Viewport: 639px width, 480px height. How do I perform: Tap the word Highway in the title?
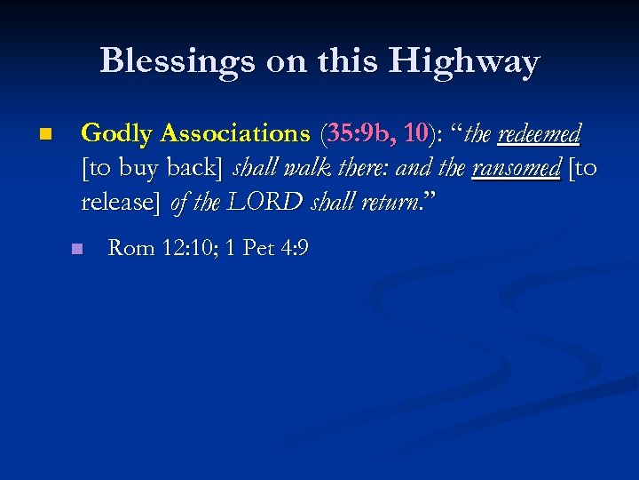point(463,61)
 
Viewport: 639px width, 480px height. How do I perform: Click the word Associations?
point(234,134)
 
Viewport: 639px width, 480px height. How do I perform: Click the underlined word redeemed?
point(540,134)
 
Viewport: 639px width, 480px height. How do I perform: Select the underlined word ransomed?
point(516,168)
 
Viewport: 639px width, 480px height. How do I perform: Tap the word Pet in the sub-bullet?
point(257,248)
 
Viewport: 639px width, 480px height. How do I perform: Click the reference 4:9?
point(294,248)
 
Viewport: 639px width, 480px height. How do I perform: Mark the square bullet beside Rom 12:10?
point(77,249)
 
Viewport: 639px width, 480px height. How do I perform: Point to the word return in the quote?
point(391,203)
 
